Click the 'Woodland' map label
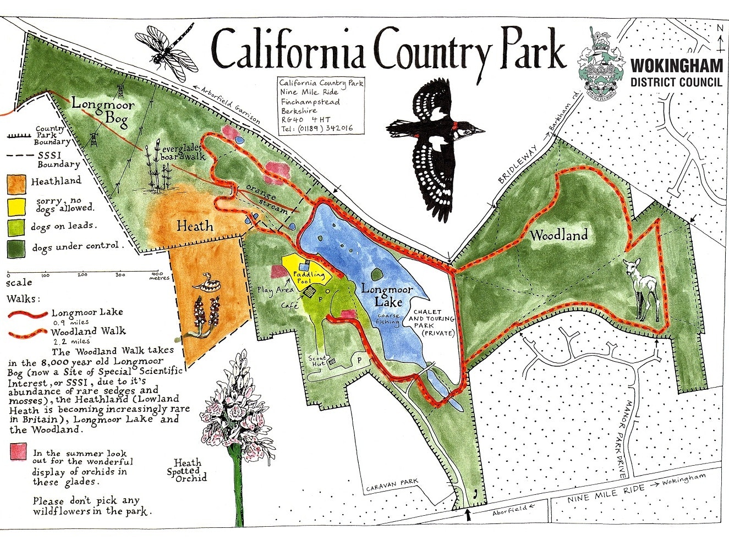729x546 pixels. pyautogui.click(x=558, y=235)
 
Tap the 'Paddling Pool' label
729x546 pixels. pyautogui.click(x=309, y=277)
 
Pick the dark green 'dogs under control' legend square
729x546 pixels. pyautogui.click(x=16, y=248)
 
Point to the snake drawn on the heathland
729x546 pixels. pyautogui.click(x=204, y=282)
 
